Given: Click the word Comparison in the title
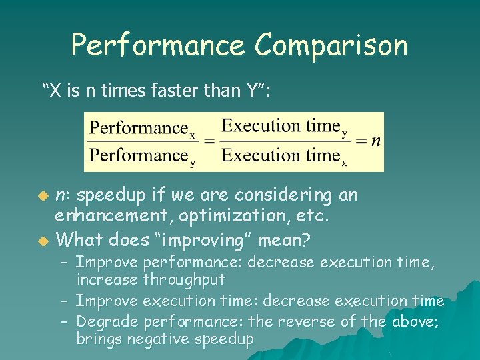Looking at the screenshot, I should [330, 46].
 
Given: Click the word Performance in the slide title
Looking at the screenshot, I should [158, 46].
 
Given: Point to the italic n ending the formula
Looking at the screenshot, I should [376, 140].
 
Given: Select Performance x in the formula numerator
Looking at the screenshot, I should [142, 128].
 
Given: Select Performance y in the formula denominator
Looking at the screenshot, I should [142, 156].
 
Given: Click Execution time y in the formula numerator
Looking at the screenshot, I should [284, 127].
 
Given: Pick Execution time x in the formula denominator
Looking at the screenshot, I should [284, 156].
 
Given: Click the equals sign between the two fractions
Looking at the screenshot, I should [209, 141].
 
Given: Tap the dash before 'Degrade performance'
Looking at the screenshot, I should [65, 321].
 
